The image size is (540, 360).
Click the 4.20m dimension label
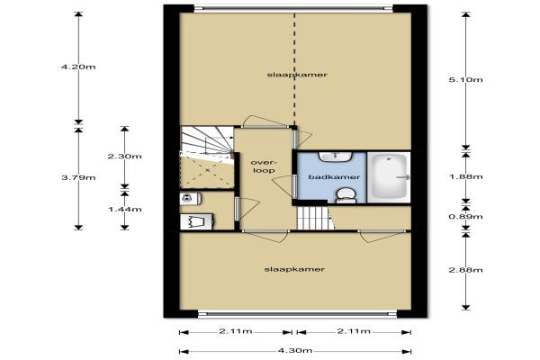78,67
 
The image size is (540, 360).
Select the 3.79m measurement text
78,178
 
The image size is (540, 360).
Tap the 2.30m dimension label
125,157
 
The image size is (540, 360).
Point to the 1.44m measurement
125,210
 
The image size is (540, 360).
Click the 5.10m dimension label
465,80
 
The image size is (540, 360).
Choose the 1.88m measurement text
465,176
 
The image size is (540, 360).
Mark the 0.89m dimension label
465,217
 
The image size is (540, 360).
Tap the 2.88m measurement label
465,270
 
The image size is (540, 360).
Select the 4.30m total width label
295,351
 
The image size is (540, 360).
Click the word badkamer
334,177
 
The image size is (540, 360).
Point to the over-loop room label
264,166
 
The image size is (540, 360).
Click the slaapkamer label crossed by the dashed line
297,75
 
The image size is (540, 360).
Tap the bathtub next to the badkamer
389,177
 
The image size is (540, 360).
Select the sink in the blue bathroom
335,157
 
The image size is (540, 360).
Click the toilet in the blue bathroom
346,195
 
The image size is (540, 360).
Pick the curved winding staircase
207,141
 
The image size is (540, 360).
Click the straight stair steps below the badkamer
315,218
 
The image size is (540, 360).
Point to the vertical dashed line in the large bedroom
294,70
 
